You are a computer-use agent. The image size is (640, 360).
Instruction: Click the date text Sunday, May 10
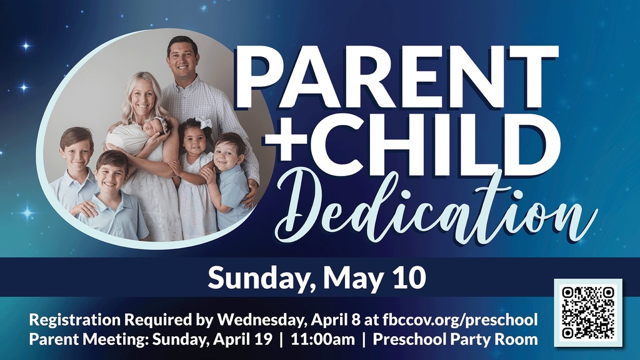point(317,277)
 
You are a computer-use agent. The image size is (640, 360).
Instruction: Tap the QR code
point(588,312)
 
